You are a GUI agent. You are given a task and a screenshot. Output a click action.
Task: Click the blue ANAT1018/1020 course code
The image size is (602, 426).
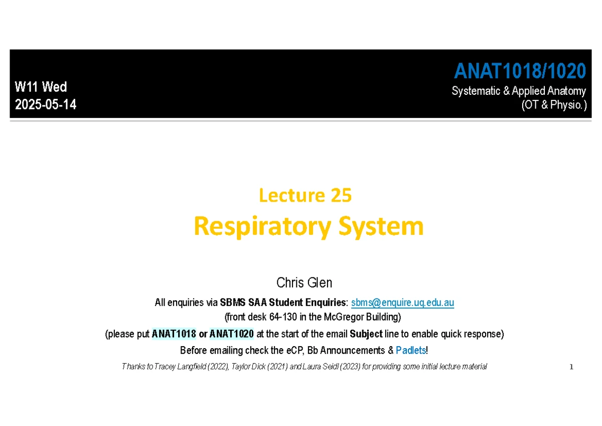pyautogui.click(x=520, y=71)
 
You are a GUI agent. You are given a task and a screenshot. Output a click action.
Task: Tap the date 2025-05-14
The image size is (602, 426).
pyautogui.click(x=46, y=104)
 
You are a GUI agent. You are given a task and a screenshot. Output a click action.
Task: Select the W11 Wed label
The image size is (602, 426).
pyautogui.click(x=41, y=87)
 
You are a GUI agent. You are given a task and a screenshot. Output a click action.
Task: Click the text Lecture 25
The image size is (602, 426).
pyautogui.click(x=306, y=195)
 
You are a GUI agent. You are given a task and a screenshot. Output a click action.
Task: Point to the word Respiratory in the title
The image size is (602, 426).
pyautogui.click(x=262, y=226)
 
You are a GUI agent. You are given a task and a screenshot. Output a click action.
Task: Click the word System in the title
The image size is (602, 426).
pyautogui.click(x=381, y=226)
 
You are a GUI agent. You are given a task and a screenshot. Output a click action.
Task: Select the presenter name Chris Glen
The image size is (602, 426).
pyautogui.click(x=304, y=283)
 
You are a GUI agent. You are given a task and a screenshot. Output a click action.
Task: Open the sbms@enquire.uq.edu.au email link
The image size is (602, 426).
pyautogui.click(x=402, y=303)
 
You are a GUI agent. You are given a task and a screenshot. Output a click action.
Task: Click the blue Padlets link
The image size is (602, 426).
pyautogui.click(x=411, y=350)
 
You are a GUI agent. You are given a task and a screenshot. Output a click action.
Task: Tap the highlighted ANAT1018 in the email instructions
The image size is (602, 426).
pyautogui.click(x=174, y=334)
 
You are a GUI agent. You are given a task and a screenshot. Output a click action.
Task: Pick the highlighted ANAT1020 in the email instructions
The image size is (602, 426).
pyautogui.click(x=232, y=334)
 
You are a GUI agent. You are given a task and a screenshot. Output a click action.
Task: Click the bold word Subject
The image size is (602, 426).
pyautogui.click(x=366, y=334)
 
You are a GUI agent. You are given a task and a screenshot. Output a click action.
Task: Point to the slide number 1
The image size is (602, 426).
pyautogui.click(x=571, y=367)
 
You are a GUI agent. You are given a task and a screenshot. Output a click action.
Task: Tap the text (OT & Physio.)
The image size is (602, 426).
pyautogui.click(x=554, y=105)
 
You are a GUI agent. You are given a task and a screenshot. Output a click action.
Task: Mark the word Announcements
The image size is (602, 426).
pyautogui.click(x=352, y=350)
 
